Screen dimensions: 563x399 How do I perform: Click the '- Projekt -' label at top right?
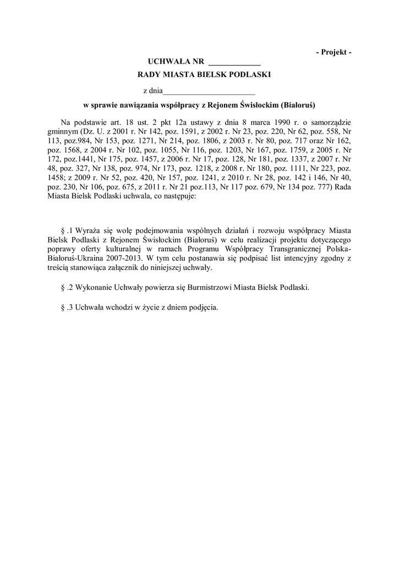coord(334,52)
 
